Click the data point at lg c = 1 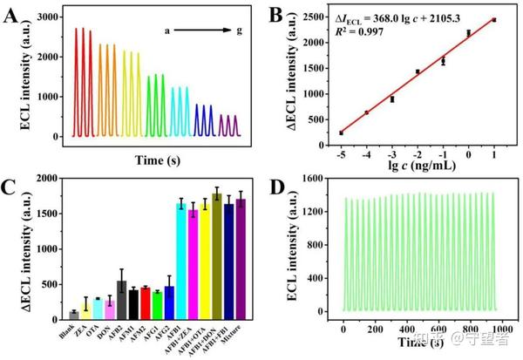(494, 19)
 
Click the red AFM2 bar (146, 303)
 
